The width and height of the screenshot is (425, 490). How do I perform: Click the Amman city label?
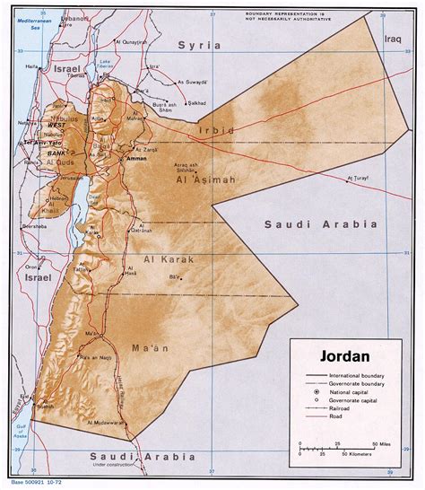click(137, 157)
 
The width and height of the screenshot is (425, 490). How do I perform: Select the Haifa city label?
click(32, 66)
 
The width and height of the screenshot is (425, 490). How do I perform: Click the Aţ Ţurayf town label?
click(358, 179)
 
